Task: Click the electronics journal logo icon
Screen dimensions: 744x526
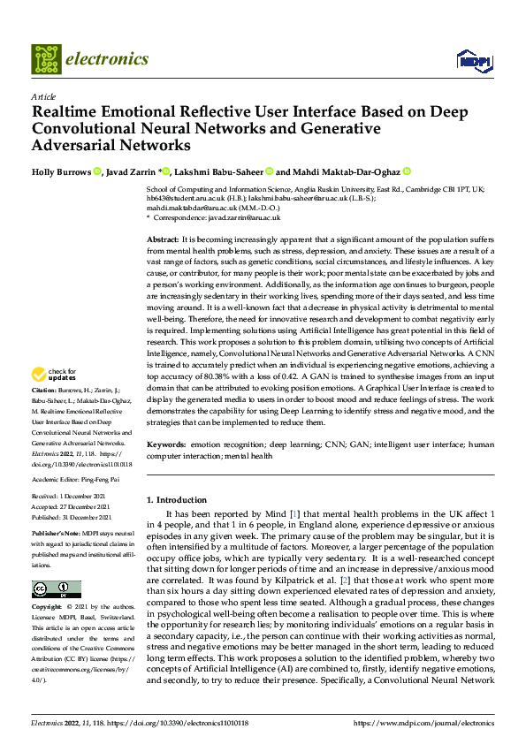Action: coord(45,59)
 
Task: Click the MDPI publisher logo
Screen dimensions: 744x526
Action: coord(472,60)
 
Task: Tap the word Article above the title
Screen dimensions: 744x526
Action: coord(43,96)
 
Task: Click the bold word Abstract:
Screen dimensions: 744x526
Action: coord(162,240)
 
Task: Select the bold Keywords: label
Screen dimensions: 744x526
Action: coord(165,444)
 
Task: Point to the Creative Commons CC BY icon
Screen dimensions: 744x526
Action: coord(56,588)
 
